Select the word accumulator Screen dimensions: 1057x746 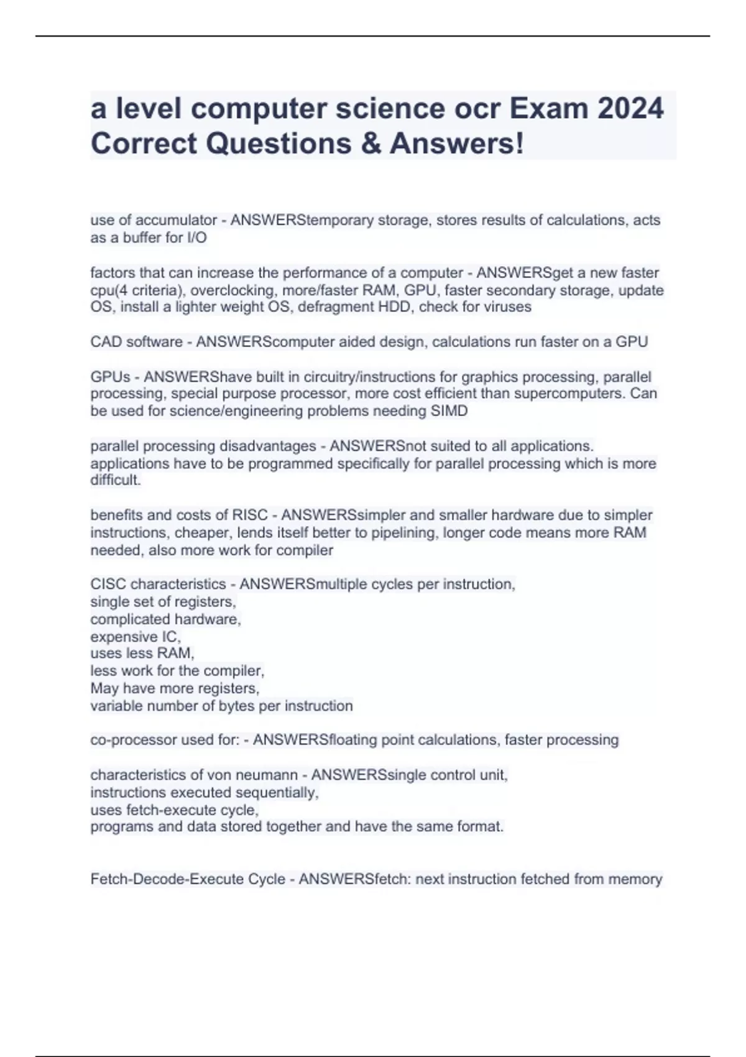click(x=177, y=220)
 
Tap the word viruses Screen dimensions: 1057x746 click(x=507, y=307)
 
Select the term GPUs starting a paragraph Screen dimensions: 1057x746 click(x=110, y=377)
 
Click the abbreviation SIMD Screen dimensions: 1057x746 click(x=449, y=411)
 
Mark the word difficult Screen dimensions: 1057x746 click(x=115, y=480)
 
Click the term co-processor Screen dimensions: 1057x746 click(x=133, y=740)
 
